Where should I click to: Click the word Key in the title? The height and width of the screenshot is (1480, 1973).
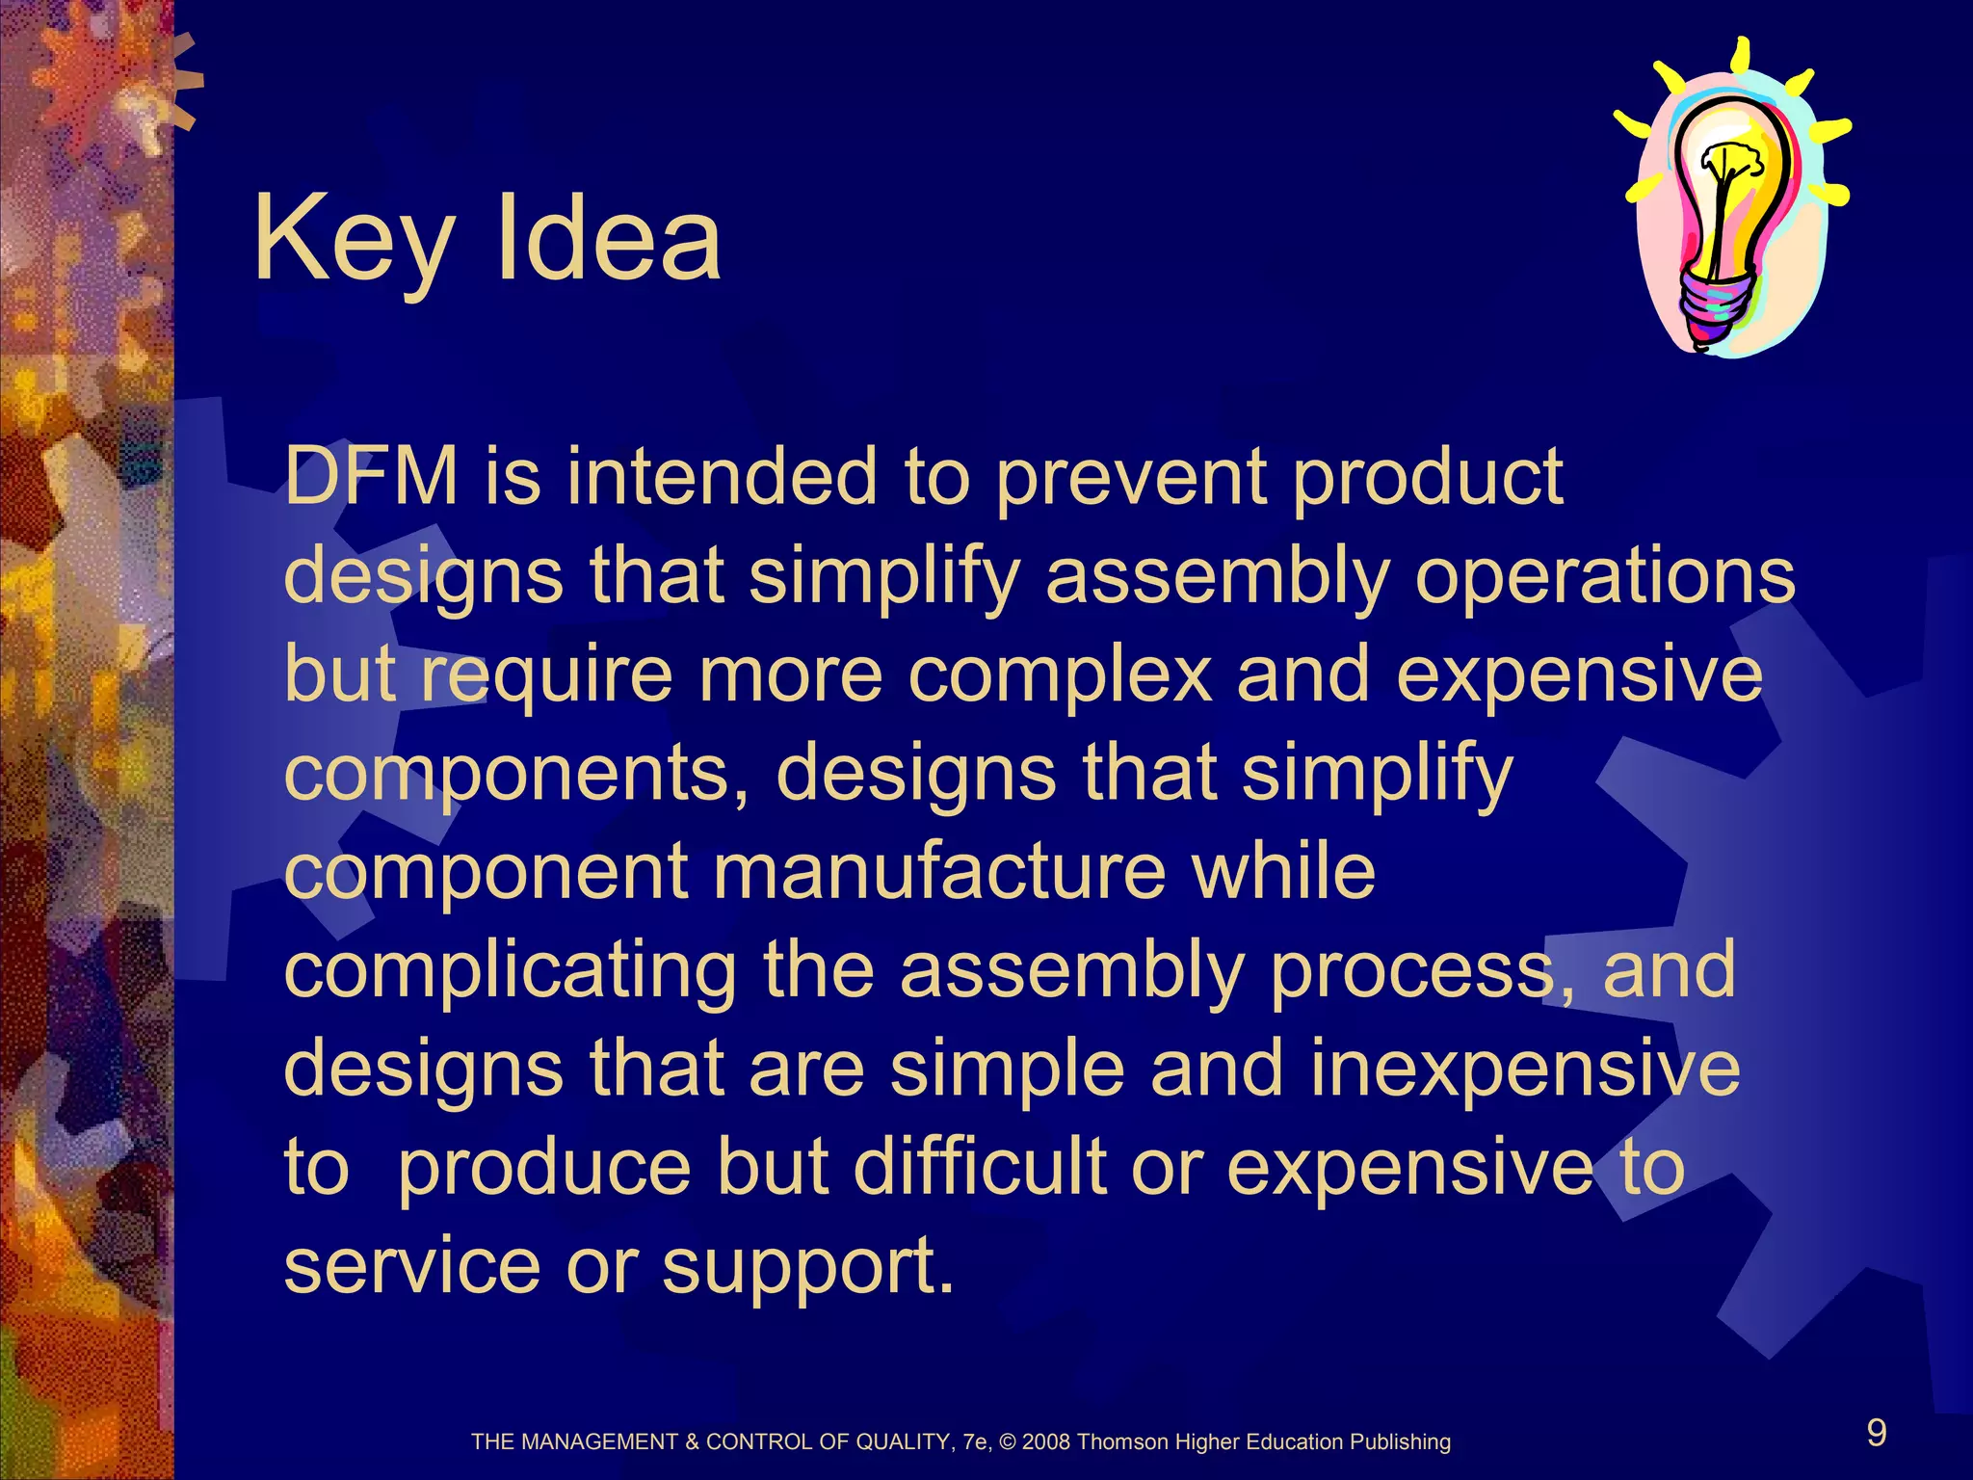click(x=352, y=241)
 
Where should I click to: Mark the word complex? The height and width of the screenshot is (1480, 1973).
click(x=1060, y=676)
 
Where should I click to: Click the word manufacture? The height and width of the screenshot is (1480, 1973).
click(x=939, y=871)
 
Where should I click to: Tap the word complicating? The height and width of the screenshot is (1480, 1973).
click(x=511, y=971)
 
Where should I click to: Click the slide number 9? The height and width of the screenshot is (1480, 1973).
click(x=1877, y=1433)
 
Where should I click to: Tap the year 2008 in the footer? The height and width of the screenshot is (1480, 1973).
click(x=1046, y=1442)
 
